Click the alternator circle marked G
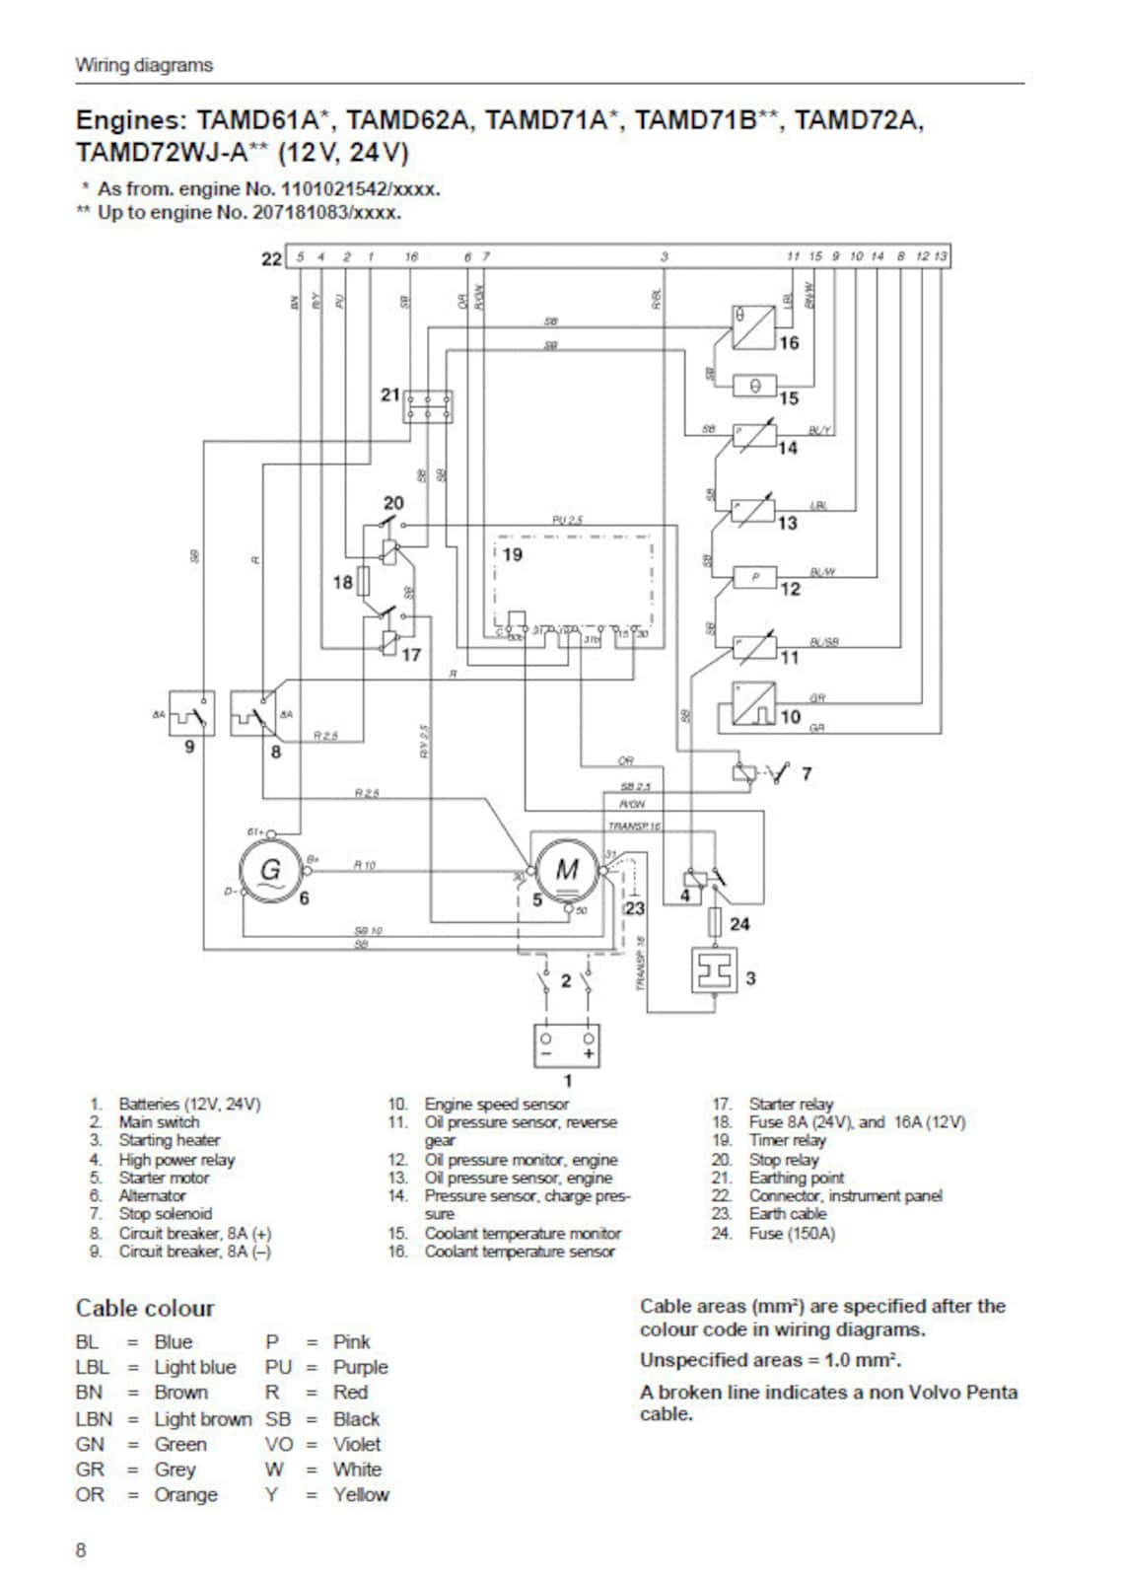(269, 870)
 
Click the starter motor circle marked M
(566, 869)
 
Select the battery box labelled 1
(566, 1045)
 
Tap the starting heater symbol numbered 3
(715, 971)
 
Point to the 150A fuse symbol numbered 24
(716, 923)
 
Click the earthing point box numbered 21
(429, 405)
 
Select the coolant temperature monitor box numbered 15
(754, 387)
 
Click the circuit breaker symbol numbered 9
(191, 713)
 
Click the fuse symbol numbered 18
(364, 582)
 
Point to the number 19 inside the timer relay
(513, 554)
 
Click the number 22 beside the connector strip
(271, 258)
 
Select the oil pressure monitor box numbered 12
(755, 577)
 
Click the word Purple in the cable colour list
(360, 1367)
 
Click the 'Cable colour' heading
(145, 1308)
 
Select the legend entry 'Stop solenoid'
(165, 1214)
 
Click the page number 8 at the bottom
(81, 1549)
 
